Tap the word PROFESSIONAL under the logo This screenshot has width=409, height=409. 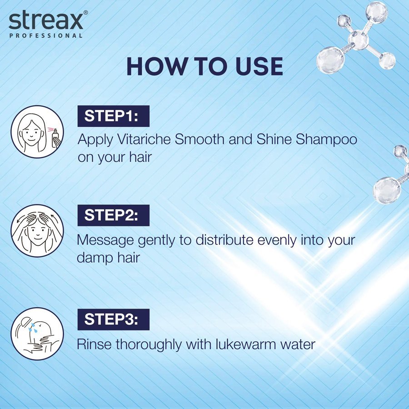(46, 35)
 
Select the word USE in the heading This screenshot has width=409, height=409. (259, 66)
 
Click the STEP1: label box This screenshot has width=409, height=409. (114, 116)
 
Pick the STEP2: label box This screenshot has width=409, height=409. (114, 215)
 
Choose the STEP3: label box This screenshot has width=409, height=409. (114, 319)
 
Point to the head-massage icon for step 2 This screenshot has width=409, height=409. (37, 231)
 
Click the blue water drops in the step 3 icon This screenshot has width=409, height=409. (33, 328)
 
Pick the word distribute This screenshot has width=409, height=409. (224, 240)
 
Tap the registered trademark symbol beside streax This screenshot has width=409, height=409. (85, 12)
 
